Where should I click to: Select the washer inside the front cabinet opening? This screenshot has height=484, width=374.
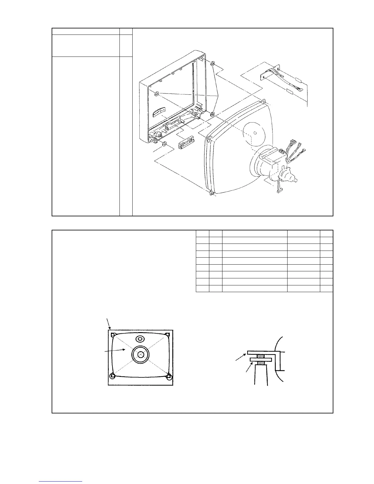[x=156, y=94]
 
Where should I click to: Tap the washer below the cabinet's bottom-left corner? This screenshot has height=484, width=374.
[x=164, y=144]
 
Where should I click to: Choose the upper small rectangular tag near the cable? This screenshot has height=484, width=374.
[x=298, y=80]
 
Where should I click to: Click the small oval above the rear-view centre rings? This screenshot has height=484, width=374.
[x=140, y=339]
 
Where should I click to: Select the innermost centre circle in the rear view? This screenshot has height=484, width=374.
[x=140, y=355]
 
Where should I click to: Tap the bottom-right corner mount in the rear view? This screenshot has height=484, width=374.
[x=168, y=376]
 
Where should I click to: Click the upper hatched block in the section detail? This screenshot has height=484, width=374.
[x=260, y=356]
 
